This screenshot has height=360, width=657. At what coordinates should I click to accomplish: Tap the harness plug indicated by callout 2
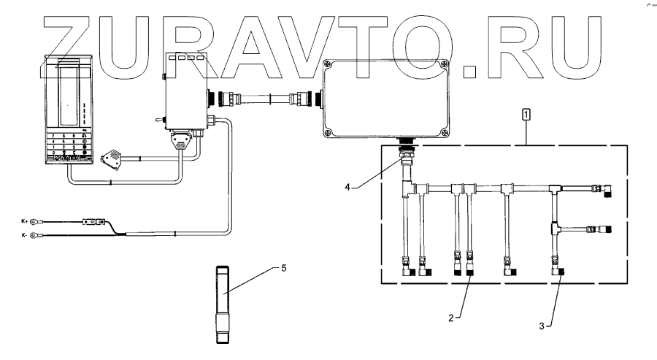point(471,271)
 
